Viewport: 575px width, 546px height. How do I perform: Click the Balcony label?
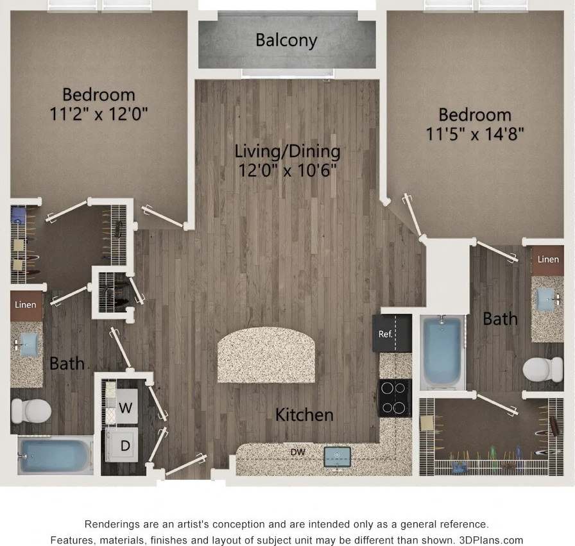(286, 40)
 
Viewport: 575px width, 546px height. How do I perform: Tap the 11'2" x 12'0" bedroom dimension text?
(99, 115)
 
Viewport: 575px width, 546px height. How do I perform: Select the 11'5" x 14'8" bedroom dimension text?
(475, 135)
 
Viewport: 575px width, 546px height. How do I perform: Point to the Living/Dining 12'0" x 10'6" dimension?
(287, 171)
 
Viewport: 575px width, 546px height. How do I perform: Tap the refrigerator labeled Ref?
(386, 334)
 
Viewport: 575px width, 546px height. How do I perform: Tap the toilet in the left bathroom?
(31, 409)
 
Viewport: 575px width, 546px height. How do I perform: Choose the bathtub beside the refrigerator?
(442, 352)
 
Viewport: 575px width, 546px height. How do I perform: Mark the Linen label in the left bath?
(26, 305)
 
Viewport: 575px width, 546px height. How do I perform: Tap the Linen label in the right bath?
(547, 260)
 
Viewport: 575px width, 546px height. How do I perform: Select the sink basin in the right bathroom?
(546, 298)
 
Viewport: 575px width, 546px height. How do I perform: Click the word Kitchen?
(304, 415)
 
